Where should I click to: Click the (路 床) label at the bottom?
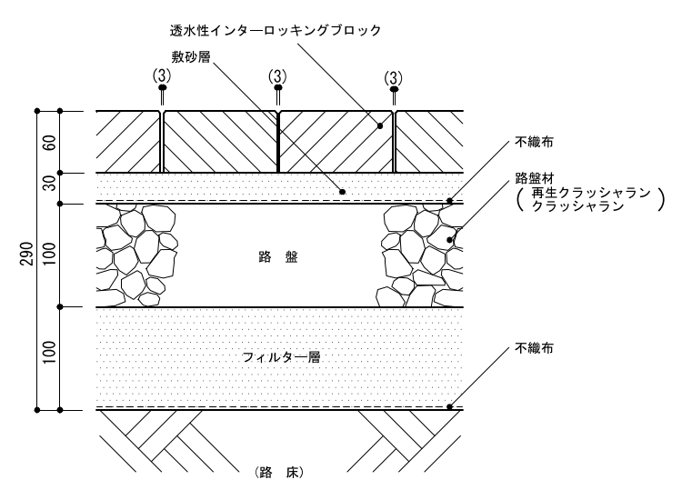(279, 473)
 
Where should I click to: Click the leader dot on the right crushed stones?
(449, 240)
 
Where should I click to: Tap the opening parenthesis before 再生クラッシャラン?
(519, 200)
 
